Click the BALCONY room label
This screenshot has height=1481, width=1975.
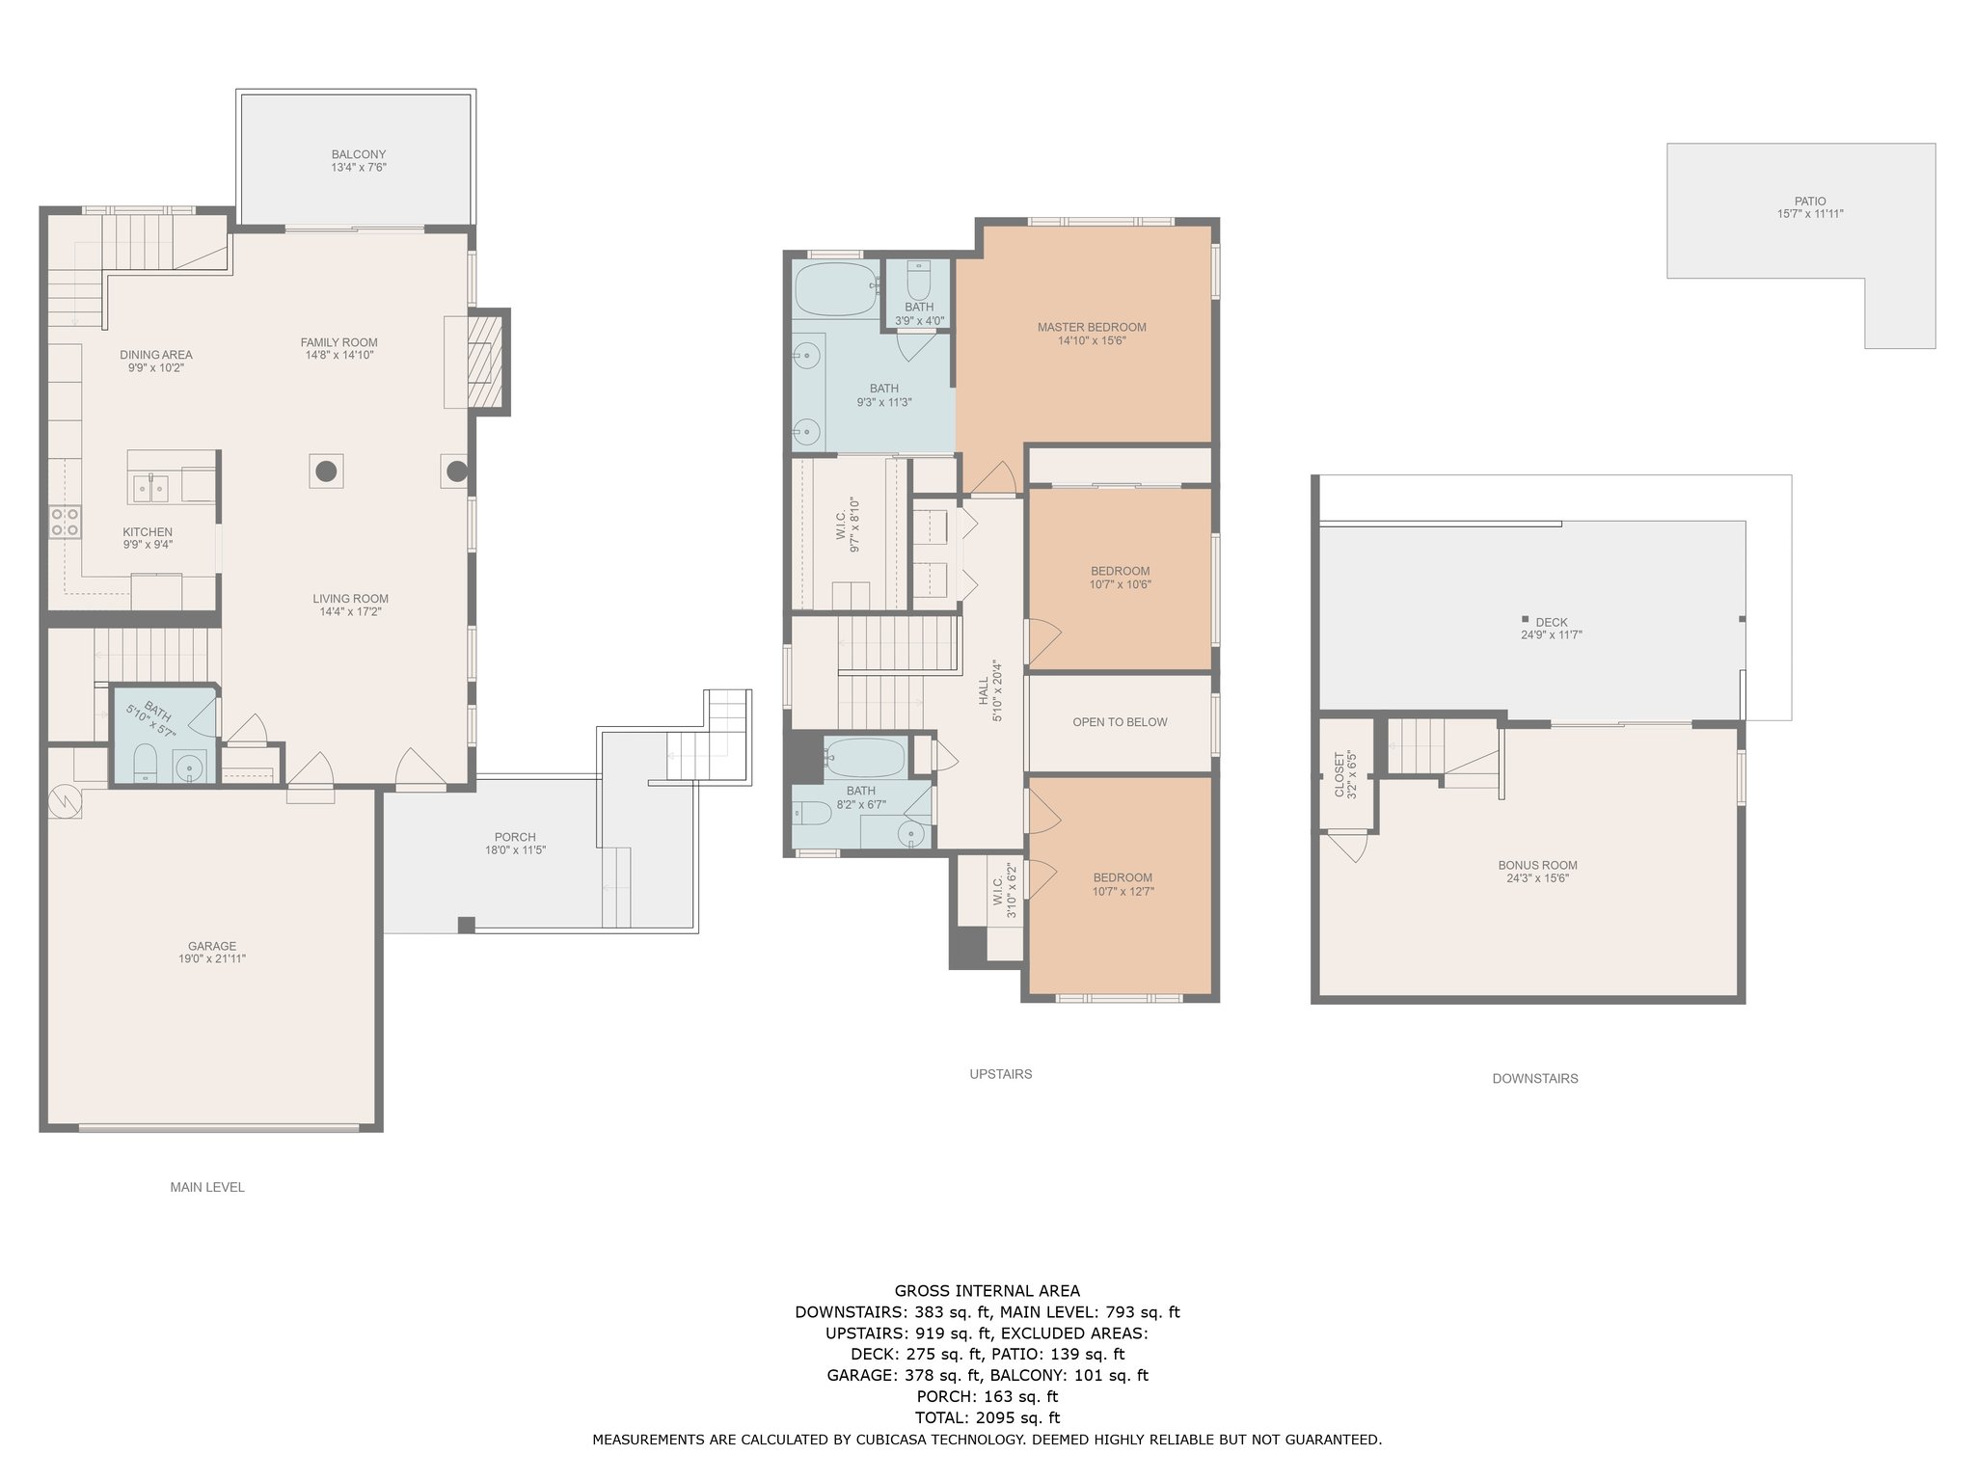pyautogui.click(x=359, y=154)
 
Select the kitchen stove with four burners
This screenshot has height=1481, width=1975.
pyautogui.click(x=65, y=523)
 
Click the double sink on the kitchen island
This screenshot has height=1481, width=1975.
pyautogui.click(x=149, y=488)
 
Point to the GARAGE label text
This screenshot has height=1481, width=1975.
pyautogui.click(x=212, y=946)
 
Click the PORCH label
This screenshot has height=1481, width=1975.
pyautogui.click(x=515, y=837)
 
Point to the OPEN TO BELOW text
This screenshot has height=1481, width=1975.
pyautogui.click(x=1120, y=722)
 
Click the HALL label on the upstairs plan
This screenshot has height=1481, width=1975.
pyautogui.click(x=984, y=689)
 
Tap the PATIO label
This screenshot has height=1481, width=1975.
pyautogui.click(x=1810, y=202)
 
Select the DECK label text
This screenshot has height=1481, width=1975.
pyautogui.click(x=1551, y=622)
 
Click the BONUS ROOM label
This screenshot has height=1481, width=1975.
pyautogui.click(x=1537, y=865)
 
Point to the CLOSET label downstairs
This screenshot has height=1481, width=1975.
pyautogui.click(x=1339, y=775)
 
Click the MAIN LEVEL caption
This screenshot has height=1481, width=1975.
pyautogui.click(x=207, y=1187)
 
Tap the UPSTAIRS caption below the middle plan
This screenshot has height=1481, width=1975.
pyautogui.click(x=1001, y=1074)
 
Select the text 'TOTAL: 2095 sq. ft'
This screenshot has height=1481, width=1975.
pyautogui.click(x=987, y=1417)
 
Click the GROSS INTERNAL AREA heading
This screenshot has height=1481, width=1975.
pyautogui.click(x=987, y=1291)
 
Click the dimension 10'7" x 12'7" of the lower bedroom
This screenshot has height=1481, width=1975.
pyautogui.click(x=1123, y=892)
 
